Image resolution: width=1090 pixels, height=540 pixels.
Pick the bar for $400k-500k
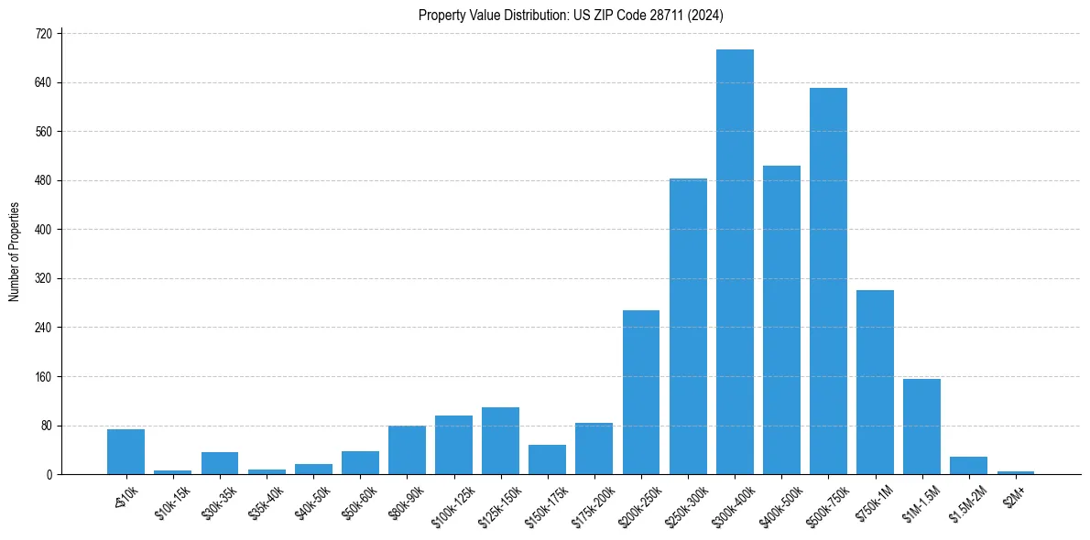pos(781,319)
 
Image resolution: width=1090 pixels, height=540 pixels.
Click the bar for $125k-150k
pos(501,440)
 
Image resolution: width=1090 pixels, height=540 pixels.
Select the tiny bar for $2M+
pos(1015,472)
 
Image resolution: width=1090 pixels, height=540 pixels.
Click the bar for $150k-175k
pos(548,459)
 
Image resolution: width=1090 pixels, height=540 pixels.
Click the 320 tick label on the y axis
pos(49,278)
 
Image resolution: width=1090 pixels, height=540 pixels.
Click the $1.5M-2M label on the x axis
pos(965,502)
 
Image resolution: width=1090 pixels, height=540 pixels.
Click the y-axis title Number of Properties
pos(14,252)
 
